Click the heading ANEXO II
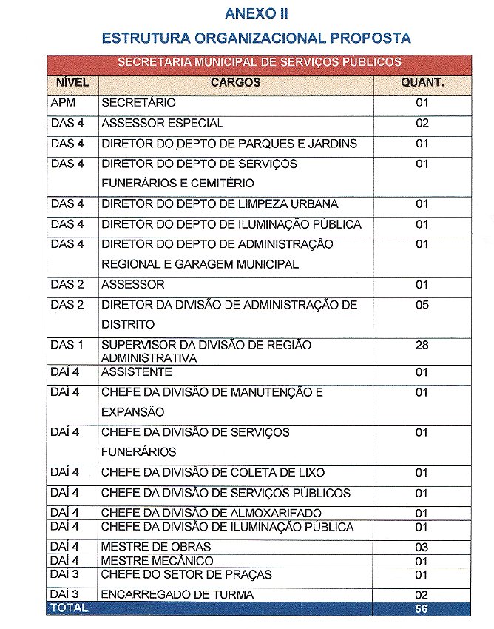(256, 13)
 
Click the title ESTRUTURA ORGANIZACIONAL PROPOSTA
(256, 38)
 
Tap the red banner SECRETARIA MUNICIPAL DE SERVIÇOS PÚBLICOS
(259, 62)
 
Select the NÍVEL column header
(72, 83)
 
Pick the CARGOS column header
(235, 83)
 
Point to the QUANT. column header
(422, 83)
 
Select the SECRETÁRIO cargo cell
(138, 103)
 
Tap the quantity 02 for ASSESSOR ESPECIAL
(422, 123)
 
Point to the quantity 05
(422, 305)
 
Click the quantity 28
(422, 346)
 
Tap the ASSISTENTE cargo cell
(137, 372)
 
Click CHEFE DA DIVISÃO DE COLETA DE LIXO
(213, 473)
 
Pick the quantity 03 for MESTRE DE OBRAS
(422, 547)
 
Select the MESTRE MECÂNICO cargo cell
(157, 561)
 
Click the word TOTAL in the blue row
(69, 608)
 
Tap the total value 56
(422, 609)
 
